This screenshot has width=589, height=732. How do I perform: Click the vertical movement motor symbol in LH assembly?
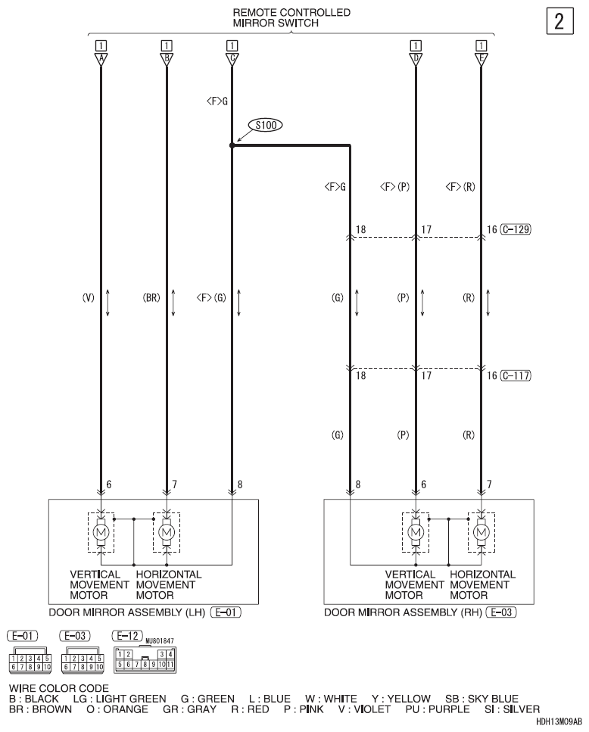pos(101,533)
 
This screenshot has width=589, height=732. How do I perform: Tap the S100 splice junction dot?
pos(232,145)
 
